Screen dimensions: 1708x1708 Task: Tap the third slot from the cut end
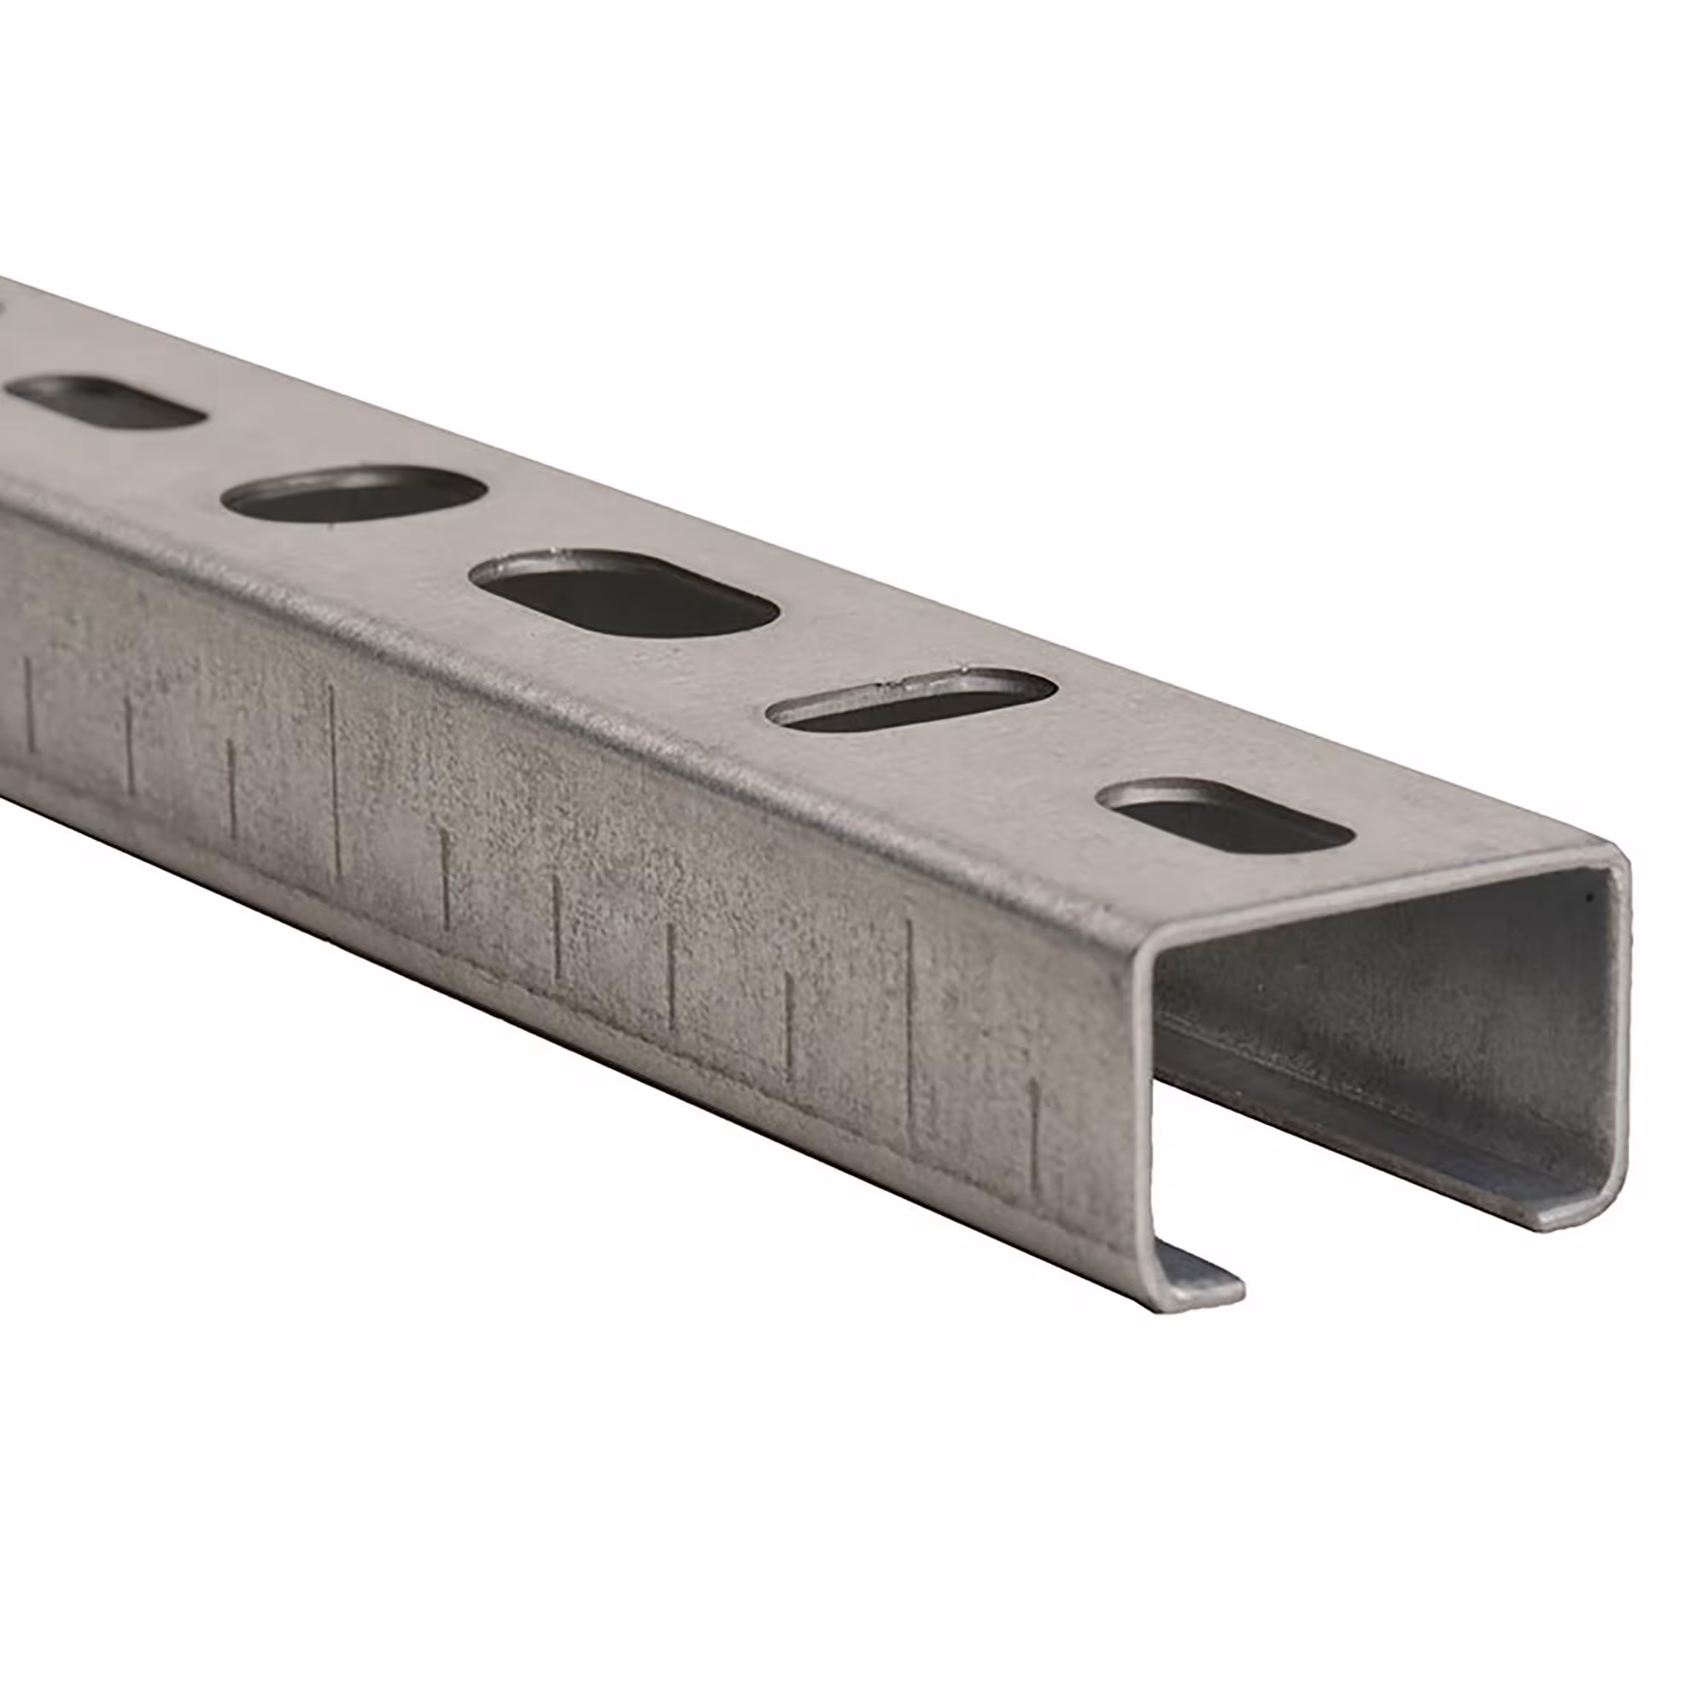pyautogui.click(x=623, y=594)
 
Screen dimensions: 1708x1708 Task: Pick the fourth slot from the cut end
pyautogui.click(x=354, y=496)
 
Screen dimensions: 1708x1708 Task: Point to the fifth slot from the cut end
pyautogui.click(x=106, y=403)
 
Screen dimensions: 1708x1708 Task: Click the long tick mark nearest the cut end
pyautogui.click(x=910, y=1034)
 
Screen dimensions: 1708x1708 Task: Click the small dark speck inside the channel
pyautogui.click(x=1590, y=898)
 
